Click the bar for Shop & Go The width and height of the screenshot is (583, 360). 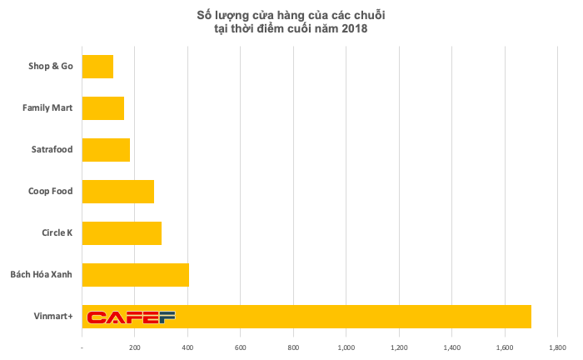tap(97, 66)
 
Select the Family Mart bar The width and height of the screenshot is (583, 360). tap(103, 107)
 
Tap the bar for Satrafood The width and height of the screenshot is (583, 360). tap(106, 149)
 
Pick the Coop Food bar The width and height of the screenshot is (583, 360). tap(118, 191)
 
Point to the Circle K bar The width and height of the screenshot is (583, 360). tap(122, 232)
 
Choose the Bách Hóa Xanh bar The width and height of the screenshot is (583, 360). tap(136, 274)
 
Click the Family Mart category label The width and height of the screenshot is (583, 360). tap(47, 107)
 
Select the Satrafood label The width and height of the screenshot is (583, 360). tap(51, 149)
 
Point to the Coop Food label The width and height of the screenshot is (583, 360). tap(50, 191)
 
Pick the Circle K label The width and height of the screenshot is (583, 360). tap(57, 232)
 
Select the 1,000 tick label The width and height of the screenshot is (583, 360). tap(346, 346)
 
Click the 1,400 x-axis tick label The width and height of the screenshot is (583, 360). tap(451, 346)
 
